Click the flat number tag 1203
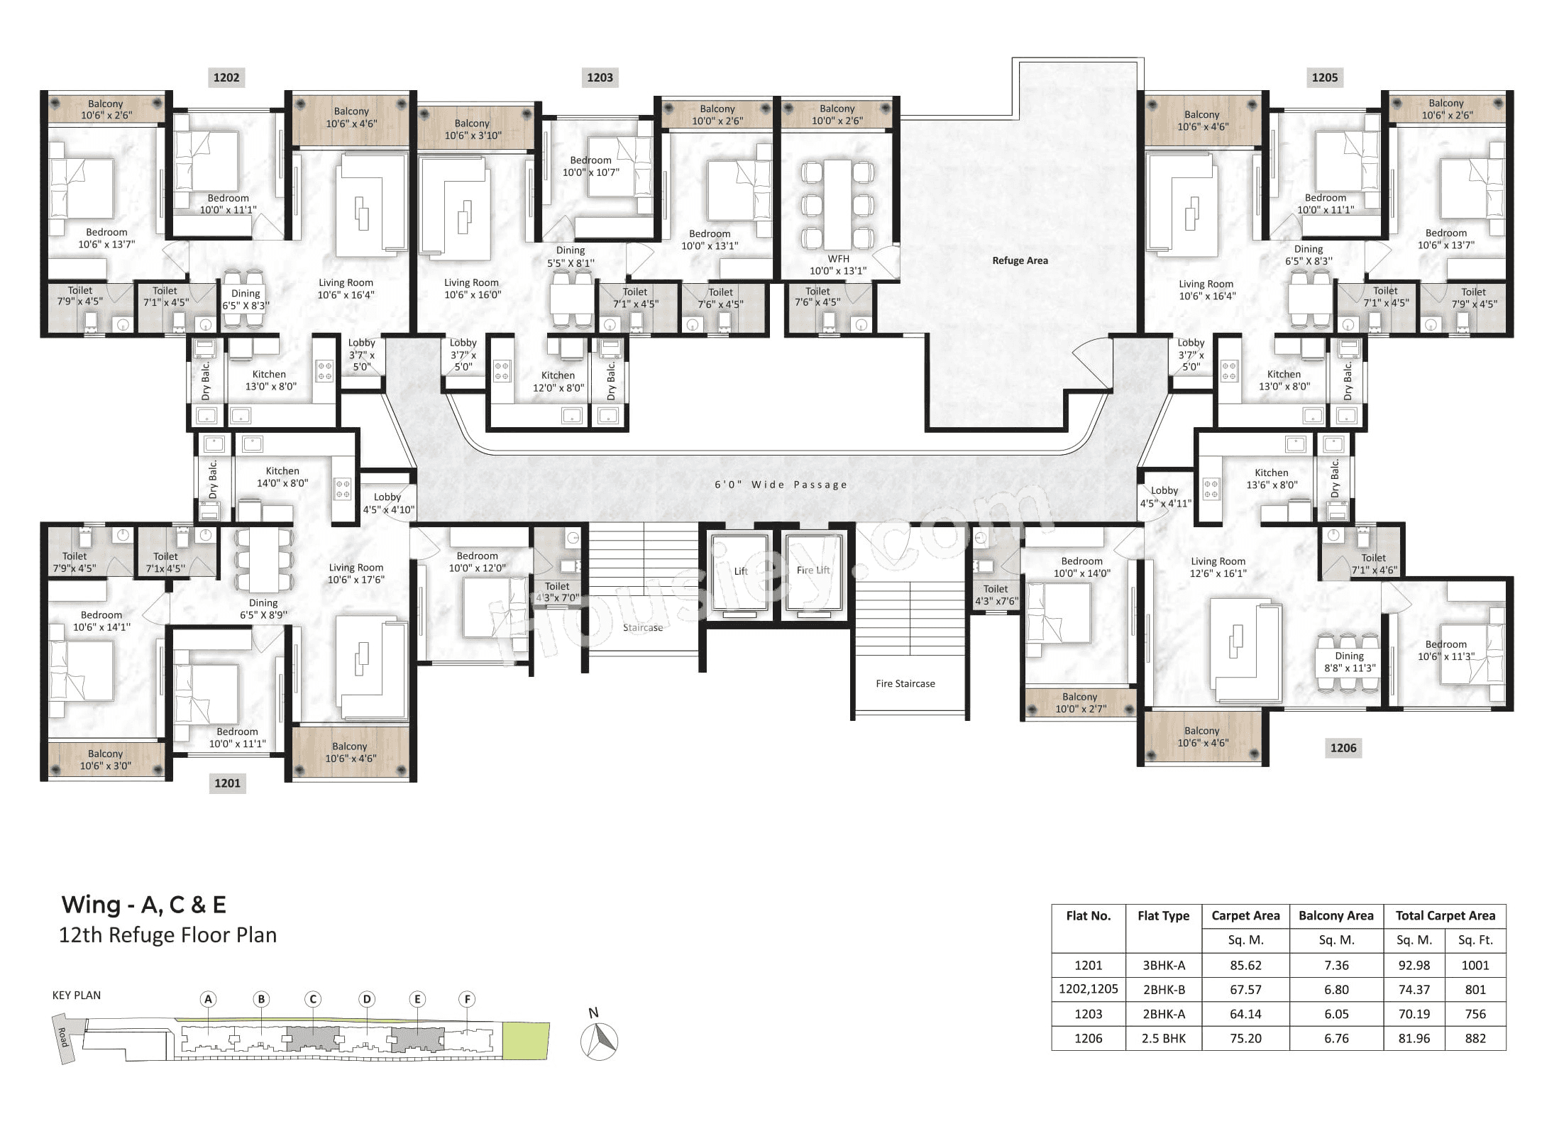[x=600, y=77]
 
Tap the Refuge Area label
[x=1020, y=260]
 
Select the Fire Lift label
[x=813, y=570]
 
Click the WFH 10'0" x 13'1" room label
[x=838, y=265]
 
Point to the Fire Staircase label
[x=905, y=683]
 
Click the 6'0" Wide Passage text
[x=781, y=485]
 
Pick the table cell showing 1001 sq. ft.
[x=1475, y=965]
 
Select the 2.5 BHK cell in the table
[x=1163, y=1038]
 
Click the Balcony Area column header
[x=1336, y=915]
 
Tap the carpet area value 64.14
[x=1245, y=1014]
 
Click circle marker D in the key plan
[x=366, y=999]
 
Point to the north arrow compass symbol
[x=599, y=1040]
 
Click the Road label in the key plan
[x=63, y=1037]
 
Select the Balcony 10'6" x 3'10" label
[x=473, y=129]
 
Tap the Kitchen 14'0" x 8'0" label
[x=282, y=477]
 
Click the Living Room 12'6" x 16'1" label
[x=1218, y=567]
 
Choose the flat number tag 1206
[x=1343, y=747]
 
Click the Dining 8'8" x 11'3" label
[x=1349, y=662]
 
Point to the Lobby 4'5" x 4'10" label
[x=388, y=503]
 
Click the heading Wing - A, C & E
[x=144, y=905]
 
